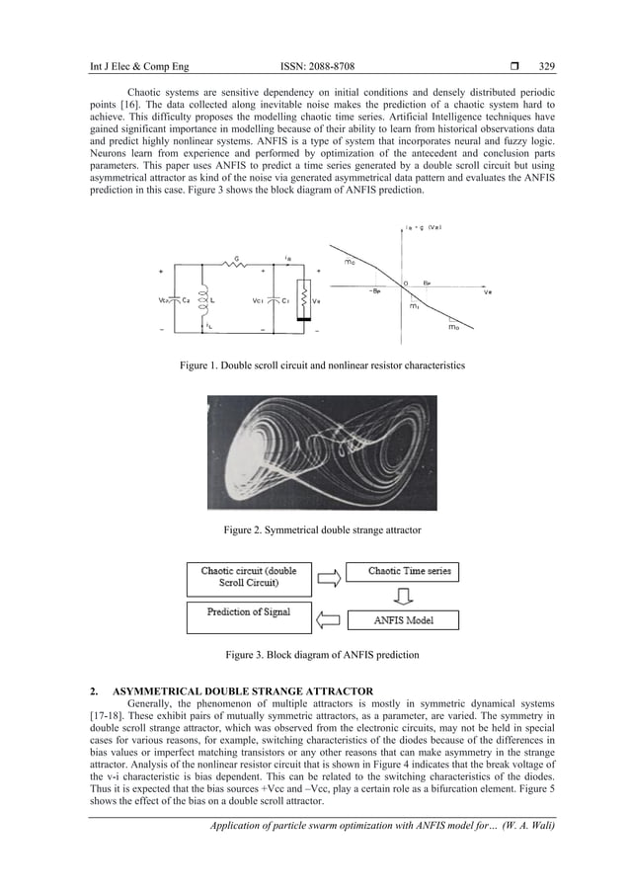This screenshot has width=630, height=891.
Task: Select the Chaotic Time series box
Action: coord(409,572)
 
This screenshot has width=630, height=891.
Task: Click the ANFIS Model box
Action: coord(404,620)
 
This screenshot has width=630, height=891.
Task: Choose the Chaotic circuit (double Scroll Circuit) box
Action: coord(249,578)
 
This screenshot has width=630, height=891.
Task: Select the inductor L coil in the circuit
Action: coord(204,296)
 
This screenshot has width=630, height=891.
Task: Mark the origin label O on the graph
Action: coord(404,282)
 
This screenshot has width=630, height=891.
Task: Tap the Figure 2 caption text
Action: coord(322,530)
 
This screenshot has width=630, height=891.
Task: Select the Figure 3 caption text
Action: coord(322,655)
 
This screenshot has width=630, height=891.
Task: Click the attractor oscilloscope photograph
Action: coord(322,452)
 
